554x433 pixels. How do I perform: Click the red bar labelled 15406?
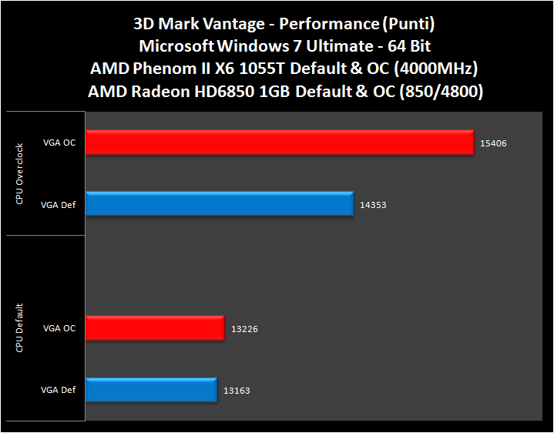pos(279,143)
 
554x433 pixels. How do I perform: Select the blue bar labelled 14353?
pos(220,204)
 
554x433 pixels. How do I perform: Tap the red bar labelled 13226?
pos(155,328)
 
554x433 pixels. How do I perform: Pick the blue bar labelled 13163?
pos(151,390)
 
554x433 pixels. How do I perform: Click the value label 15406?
pos(494,143)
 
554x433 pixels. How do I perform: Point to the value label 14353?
pos(373,206)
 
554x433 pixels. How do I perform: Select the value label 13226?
pos(244,329)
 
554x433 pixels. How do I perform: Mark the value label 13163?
pos(237,391)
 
